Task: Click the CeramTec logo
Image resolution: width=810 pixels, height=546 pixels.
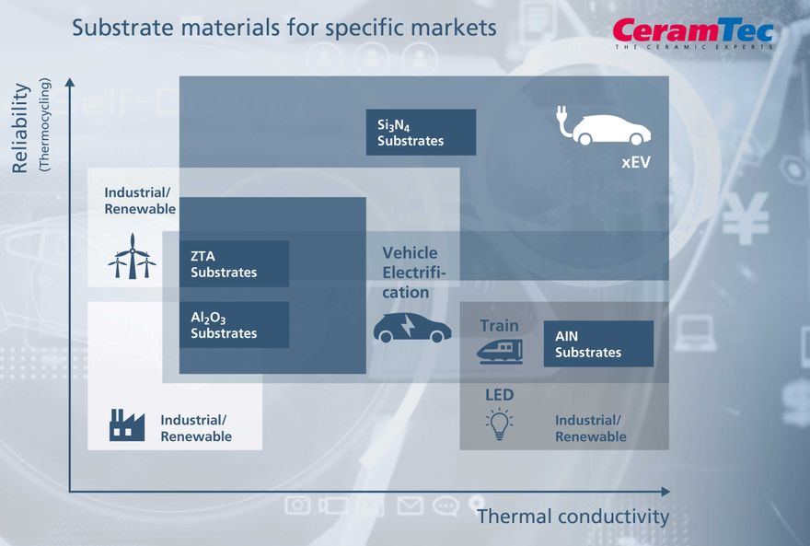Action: click(x=693, y=33)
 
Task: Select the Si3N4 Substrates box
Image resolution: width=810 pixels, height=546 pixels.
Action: click(x=421, y=133)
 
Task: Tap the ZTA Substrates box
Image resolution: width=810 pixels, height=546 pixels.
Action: click(x=234, y=264)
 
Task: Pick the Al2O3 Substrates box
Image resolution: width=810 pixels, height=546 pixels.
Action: click(x=234, y=325)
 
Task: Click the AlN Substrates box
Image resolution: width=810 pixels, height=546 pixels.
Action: click(x=598, y=343)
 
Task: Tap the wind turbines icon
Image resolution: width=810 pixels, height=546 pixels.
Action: click(x=132, y=257)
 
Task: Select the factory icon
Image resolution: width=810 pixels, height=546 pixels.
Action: click(x=127, y=424)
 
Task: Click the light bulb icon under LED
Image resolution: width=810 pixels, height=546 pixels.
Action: click(x=499, y=423)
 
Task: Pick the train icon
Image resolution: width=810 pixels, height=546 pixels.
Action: click(x=500, y=351)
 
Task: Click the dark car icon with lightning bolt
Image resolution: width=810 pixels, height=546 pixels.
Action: click(x=411, y=328)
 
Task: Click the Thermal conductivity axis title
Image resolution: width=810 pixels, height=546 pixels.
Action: click(x=573, y=517)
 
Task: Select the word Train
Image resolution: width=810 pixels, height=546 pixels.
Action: click(x=499, y=326)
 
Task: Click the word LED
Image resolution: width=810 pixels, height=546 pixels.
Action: click(x=499, y=395)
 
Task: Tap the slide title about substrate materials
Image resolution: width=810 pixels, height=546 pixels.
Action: click(x=284, y=28)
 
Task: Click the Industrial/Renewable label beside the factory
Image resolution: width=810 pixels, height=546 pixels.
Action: click(x=196, y=428)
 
